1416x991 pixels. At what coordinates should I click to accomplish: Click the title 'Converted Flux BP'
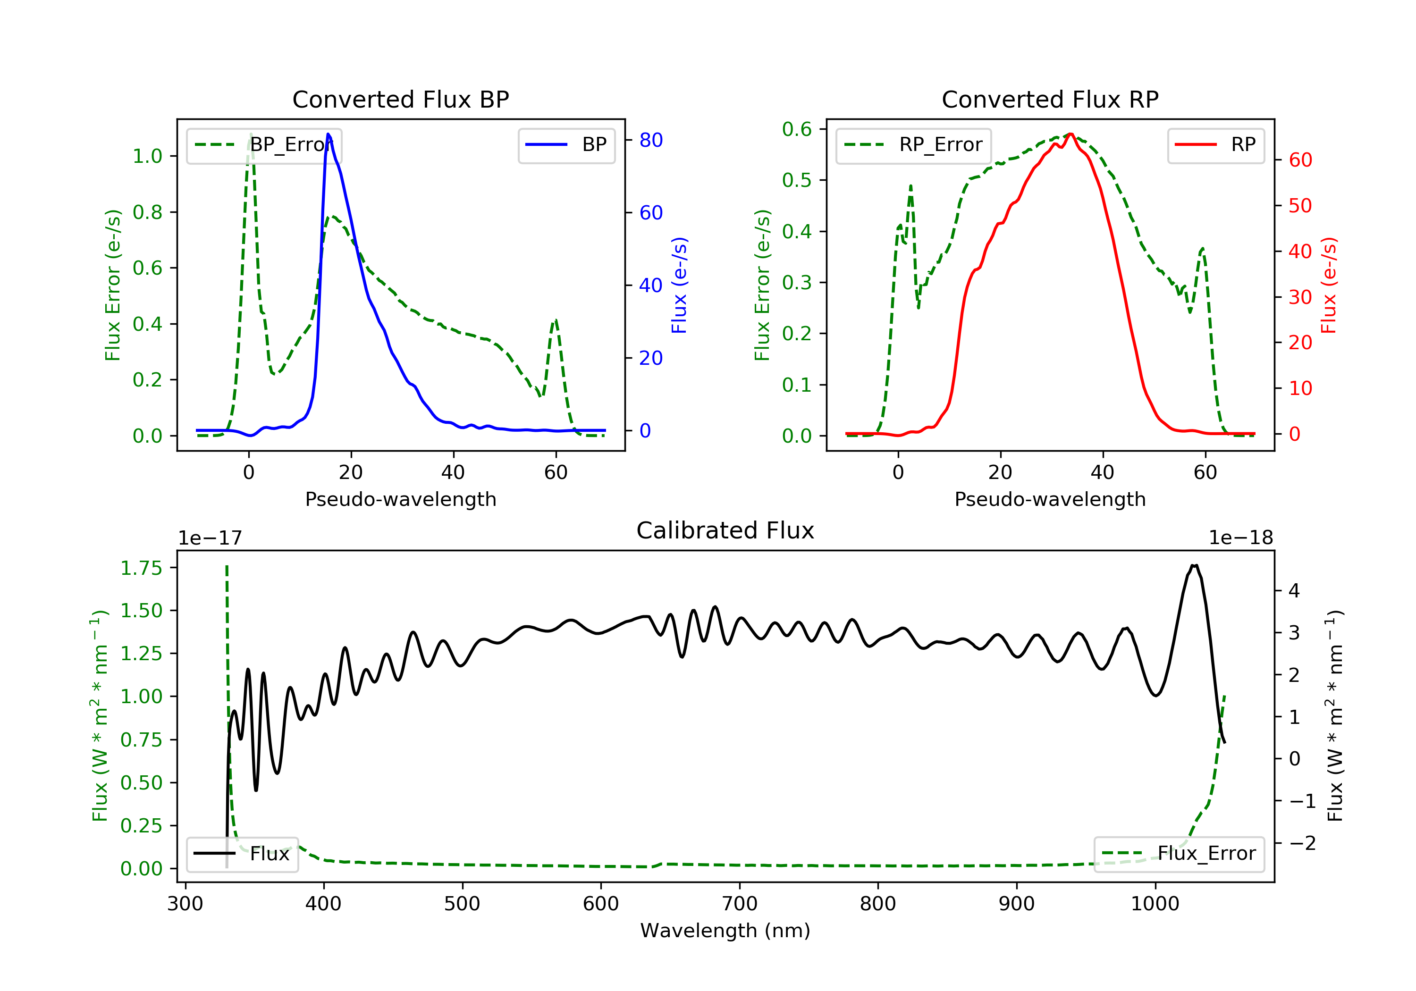click(400, 99)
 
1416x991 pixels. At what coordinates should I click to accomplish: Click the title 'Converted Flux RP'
click(1050, 99)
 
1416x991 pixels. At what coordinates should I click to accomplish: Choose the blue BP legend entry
click(566, 145)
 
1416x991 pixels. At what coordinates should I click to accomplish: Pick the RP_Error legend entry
click(913, 145)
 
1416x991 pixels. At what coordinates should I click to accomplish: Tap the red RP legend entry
click(1215, 145)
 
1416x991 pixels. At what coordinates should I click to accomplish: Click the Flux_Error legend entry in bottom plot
click(1179, 854)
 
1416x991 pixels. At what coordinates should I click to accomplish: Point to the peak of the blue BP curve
click(328, 134)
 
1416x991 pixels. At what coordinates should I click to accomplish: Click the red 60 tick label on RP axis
click(1300, 160)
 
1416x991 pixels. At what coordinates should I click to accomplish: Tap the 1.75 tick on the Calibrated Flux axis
click(141, 568)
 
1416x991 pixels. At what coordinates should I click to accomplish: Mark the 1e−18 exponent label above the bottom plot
click(1240, 538)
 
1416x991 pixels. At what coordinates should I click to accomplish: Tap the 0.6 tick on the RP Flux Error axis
click(796, 129)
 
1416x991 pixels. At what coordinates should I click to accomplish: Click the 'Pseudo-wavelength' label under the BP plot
click(400, 499)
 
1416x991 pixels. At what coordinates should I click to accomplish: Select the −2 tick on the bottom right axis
click(1302, 843)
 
